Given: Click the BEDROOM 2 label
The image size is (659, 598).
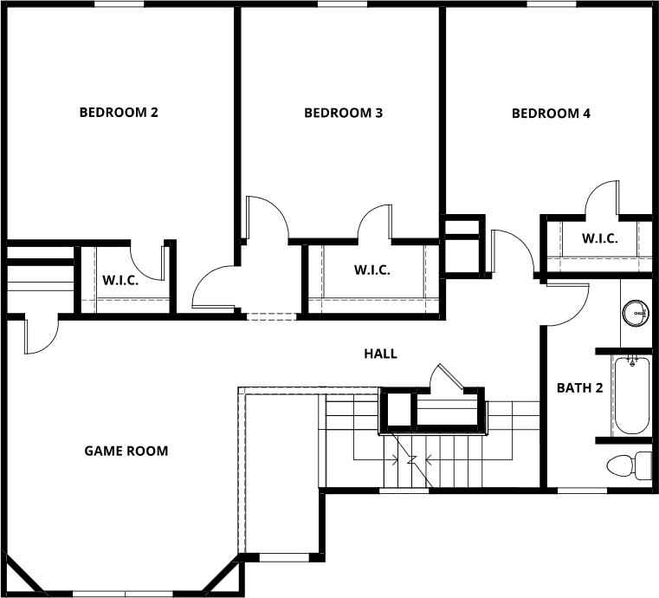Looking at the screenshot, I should coord(119,113).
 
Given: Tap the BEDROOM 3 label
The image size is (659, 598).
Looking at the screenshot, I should coord(343,114).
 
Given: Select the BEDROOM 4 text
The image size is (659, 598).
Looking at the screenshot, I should coord(551,114).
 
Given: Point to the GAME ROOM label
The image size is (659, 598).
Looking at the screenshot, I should coord(126,451).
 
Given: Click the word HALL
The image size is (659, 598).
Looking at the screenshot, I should coord(380,354).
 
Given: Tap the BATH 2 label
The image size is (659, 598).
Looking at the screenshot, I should coord(579,388).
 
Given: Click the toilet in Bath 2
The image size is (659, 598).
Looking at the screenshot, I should coord(628,465).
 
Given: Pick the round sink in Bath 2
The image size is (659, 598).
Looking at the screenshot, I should coord(636,312).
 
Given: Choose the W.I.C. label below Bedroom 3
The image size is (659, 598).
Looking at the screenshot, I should coord(371,270).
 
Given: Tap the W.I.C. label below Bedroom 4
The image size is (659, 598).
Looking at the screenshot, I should coord(599,239).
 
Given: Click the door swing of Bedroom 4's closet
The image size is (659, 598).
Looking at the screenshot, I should coord(601,198).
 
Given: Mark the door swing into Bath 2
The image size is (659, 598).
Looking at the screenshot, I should coord(567,303).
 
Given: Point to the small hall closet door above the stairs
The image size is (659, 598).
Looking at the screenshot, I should coord(446,379).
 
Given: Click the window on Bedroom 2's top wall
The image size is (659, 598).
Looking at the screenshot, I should coord(119,4).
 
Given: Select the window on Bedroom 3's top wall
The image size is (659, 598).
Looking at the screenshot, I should coord(341,4).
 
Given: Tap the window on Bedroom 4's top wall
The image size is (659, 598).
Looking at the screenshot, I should coord(551,4).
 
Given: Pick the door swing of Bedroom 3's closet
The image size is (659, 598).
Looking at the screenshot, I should coord(374,221).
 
